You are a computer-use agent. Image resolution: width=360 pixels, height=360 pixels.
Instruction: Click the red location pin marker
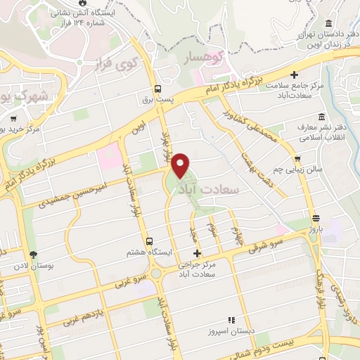181,165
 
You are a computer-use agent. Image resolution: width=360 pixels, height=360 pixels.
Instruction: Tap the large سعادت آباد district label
210,189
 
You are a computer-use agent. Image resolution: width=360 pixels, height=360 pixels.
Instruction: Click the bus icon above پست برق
158,89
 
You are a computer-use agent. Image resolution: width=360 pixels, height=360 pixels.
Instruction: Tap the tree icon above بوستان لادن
32,255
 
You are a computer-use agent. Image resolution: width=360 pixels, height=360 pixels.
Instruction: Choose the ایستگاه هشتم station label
147,252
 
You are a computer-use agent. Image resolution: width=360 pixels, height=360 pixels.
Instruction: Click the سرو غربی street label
119,281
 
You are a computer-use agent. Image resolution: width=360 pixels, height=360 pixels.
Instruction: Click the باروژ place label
316,227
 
